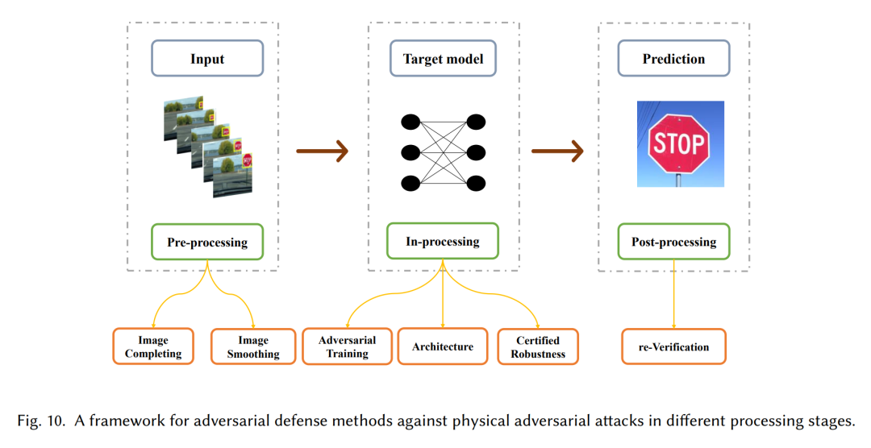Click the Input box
point(207,58)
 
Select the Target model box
point(443,58)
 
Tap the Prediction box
point(673,58)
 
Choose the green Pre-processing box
point(207,242)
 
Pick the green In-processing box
point(443,241)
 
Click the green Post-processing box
point(673,242)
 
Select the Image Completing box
point(153,346)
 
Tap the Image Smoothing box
point(253,346)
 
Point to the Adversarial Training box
point(347,346)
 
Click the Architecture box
point(443,346)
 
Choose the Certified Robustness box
point(538,346)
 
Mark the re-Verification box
point(673,346)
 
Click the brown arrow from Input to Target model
point(322,151)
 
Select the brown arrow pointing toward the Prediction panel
point(558,151)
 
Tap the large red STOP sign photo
point(681,143)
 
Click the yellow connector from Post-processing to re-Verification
point(673,294)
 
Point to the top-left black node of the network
point(410,122)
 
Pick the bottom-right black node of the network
point(476,183)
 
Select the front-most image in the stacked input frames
point(233,176)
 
